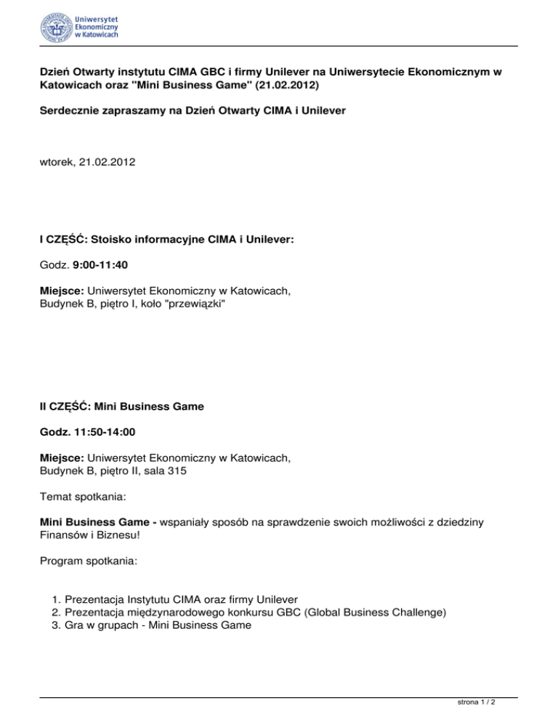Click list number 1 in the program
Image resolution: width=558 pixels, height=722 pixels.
56,600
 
